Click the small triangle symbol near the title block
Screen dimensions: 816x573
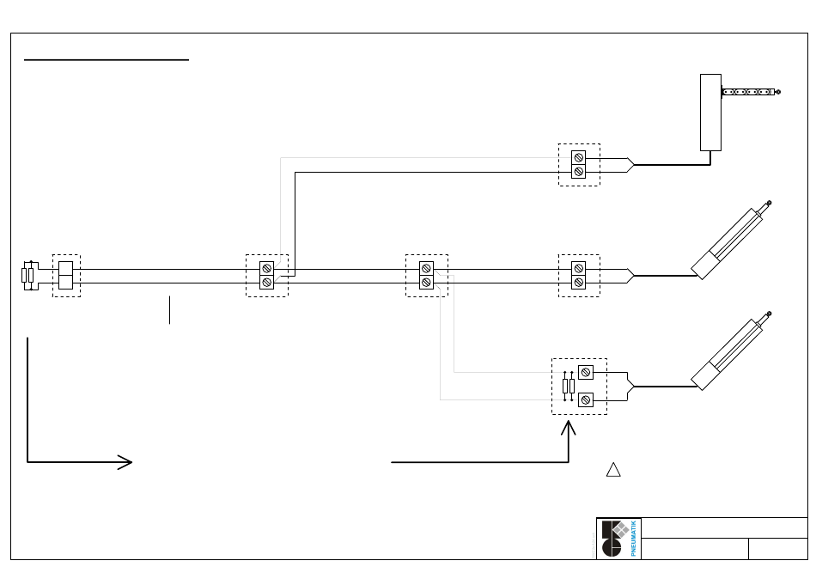click(613, 470)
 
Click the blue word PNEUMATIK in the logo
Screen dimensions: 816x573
click(633, 539)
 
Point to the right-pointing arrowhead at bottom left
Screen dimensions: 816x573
click(125, 462)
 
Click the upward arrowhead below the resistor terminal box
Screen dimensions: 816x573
click(569, 428)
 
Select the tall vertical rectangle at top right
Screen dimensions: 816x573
click(710, 113)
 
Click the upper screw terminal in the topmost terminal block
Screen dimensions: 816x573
click(579, 157)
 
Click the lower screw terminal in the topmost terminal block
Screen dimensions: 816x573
click(579, 171)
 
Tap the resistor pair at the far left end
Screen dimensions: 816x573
click(27, 275)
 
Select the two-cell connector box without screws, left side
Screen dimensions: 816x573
click(65, 275)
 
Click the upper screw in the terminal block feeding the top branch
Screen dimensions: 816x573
click(266, 269)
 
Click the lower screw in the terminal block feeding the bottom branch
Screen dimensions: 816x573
click(426, 282)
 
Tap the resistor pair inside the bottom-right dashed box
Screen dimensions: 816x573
click(569, 387)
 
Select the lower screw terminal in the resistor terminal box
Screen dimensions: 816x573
click(586, 399)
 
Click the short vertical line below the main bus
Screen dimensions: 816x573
click(170, 310)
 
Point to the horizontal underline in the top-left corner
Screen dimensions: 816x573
click(107, 60)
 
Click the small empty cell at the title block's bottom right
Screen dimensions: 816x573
click(778, 549)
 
